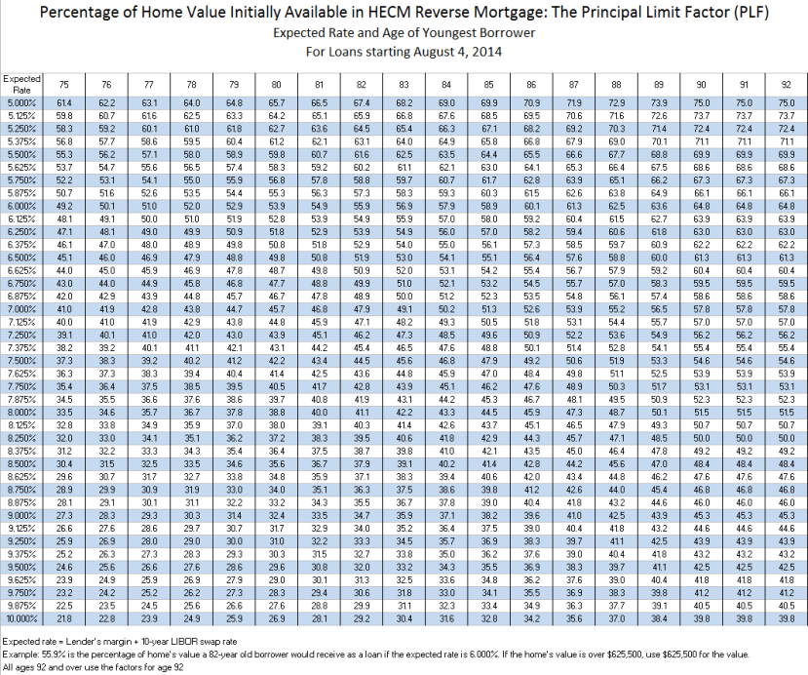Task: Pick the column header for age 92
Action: [787, 85]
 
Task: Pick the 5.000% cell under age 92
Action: [787, 102]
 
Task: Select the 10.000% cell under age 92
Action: [787, 619]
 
